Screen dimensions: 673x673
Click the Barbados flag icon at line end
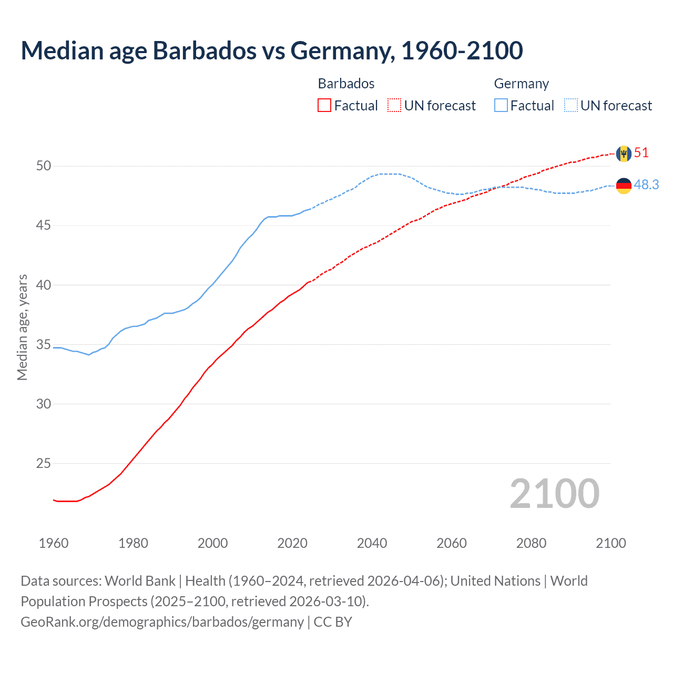coord(624,154)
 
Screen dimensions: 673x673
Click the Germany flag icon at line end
coord(624,186)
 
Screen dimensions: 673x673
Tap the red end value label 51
coord(641,153)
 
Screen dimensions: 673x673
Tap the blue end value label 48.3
coord(646,185)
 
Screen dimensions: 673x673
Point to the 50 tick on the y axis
coord(44,166)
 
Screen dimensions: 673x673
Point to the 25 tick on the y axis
coord(44,464)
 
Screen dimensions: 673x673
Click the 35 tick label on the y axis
coord(44,345)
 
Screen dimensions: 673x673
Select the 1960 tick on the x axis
coord(54,543)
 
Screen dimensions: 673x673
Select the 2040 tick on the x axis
coord(372,543)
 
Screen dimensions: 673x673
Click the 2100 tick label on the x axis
coord(610,543)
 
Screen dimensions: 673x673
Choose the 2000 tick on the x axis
coord(212,543)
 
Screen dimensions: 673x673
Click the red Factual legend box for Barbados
coord(324,106)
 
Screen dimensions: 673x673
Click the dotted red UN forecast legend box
coord(394,106)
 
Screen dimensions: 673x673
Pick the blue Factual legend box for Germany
coord(501,106)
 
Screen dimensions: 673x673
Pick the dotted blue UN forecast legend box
coord(570,106)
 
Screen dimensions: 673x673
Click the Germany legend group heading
coord(521,84)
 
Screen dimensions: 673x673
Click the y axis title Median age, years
coord(22,327)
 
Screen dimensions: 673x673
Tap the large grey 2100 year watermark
coord(554,494)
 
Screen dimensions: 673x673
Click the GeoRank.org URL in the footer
coord(162,622)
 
